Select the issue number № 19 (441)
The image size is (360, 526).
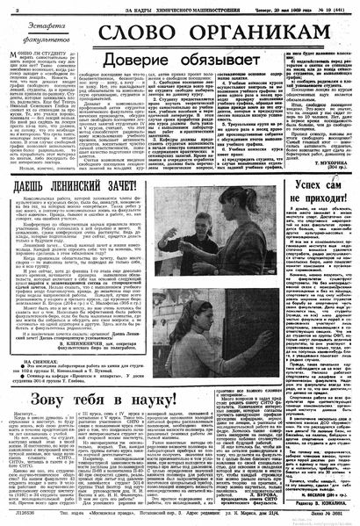coord(331,8)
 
